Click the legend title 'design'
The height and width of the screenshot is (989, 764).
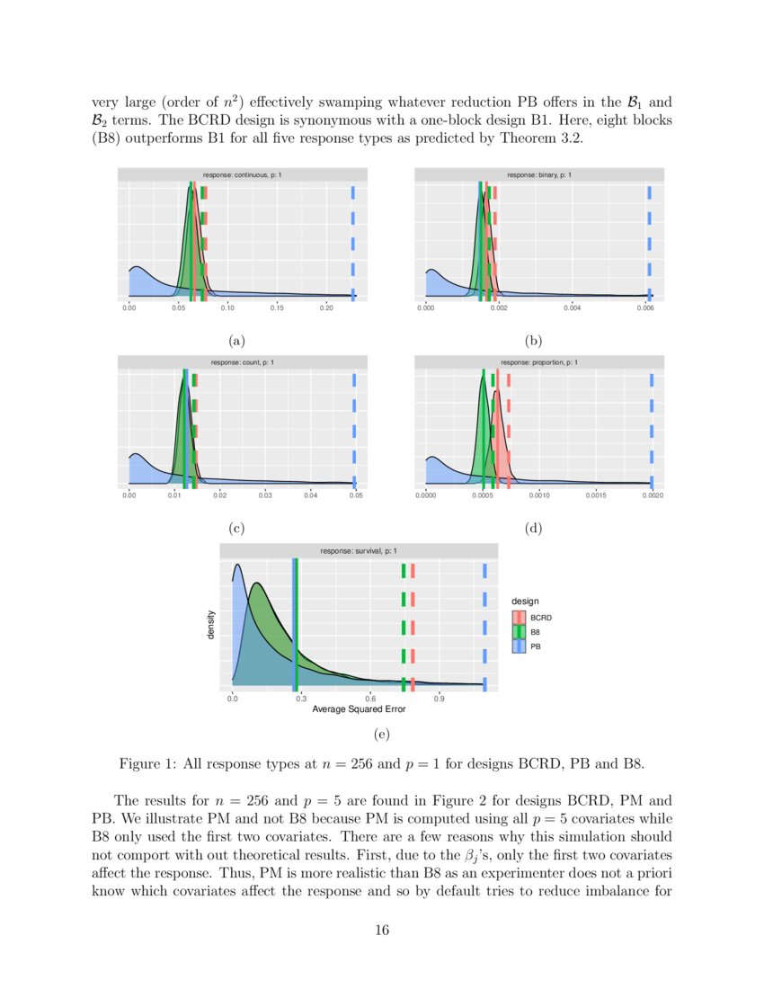point(525,601)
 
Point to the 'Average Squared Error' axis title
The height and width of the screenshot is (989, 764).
point(359,710)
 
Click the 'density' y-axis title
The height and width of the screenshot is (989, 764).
point(212,625)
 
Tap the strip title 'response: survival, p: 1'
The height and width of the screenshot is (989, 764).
point(359,550)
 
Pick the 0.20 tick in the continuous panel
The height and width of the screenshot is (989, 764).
point(326,308)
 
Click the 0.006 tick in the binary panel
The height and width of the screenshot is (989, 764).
point(644,308)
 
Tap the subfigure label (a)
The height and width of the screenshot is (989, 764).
point(236,341)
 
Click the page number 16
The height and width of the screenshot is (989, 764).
point(382,931)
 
